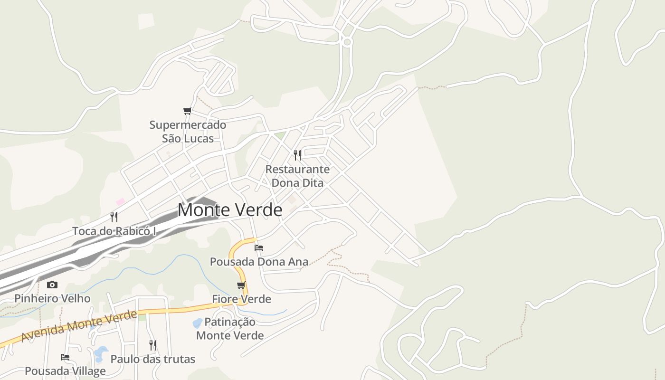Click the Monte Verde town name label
click(x=230, y=210)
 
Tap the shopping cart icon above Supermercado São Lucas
click(x=187, y=111)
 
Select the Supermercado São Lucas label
click(x=188, y=132)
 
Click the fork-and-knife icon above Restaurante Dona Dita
click(x=297, y=155)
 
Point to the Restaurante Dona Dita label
click(x=297, y=176)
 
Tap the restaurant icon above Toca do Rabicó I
click(x=114, y=217)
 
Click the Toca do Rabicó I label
click(x=114, y=231)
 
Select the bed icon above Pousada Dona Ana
click(x=259, y=247)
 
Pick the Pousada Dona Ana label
click(x=259, y=262)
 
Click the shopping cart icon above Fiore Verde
click(x=241, y=285)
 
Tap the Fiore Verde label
click(x=241, y=299)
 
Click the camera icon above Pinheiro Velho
click(x=52, y=285)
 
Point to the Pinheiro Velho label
click(x=52, y=299)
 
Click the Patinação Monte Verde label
click(x=230, y=329)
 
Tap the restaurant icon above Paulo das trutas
click(x=153, y=345)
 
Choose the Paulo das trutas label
click(x=153, y=359)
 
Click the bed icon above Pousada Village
click(x=65, y=357)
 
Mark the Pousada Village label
click(x=65, y=371)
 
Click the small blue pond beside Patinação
click(x=197, y=323)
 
